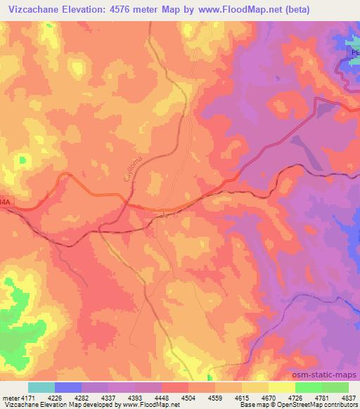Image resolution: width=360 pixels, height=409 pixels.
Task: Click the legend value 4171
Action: [22, 398]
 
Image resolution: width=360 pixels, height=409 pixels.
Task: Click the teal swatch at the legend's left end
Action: [41, 387]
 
